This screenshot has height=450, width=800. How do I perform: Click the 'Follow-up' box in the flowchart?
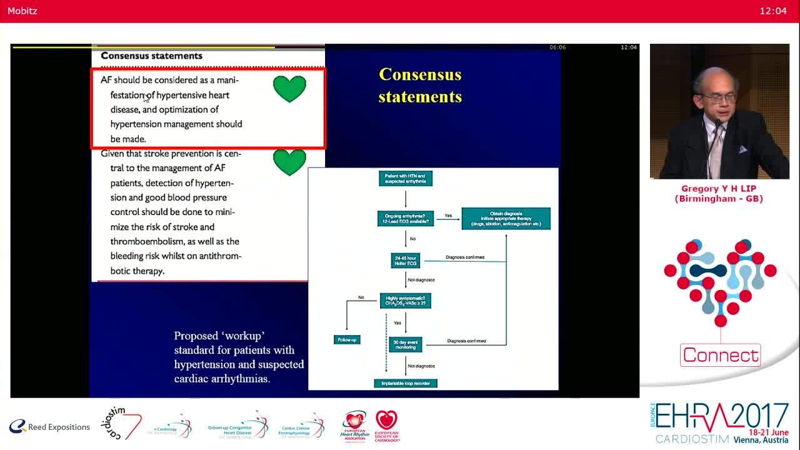tap(347, 339)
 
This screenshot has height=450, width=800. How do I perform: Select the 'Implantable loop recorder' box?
tap(405, 382)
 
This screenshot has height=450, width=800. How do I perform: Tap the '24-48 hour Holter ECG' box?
tap(406, 261)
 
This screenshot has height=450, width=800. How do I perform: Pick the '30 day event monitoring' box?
tap(406, 344)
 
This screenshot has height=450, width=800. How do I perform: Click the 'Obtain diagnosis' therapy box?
tap(506, 218)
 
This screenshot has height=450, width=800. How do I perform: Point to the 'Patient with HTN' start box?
tap(405, 179)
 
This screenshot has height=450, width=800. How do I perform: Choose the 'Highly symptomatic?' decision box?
tap(405, 301)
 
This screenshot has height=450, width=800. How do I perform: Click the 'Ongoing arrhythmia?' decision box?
tap(405, 218)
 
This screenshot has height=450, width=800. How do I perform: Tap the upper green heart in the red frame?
tap(289, 89)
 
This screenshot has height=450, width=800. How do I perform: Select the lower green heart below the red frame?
tap(289, 162)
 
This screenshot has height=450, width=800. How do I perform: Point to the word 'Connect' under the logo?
tap(720, 355)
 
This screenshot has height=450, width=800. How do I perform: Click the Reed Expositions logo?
tap(49, 427)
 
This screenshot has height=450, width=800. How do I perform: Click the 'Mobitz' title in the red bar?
tap(22, 11)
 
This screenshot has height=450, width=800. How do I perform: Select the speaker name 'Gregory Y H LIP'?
tap(719, 189)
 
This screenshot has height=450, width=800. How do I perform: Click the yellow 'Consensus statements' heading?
tap(420, 86)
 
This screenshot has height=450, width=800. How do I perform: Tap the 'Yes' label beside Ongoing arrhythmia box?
tap(448, 216)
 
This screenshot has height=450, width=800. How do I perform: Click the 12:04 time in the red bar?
tap(772, 11)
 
